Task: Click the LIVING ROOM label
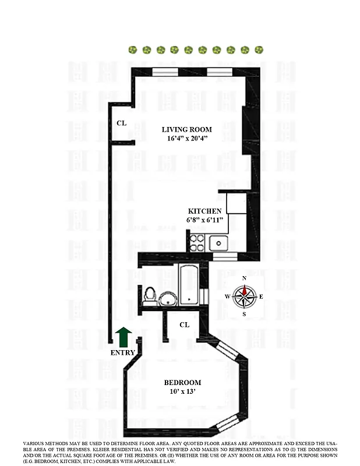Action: click(x=186, y=129)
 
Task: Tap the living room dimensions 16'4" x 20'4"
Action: click(x=186, y=139)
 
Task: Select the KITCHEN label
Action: click(x=204, y=211)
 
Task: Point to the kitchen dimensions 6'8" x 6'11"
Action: click(x=204, y=221)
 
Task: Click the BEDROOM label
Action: click(x=182, y=383)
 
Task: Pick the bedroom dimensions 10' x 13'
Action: click(x=182, y=392)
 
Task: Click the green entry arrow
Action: click(x=123, y=337)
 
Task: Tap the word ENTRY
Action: click(x=122, y=352)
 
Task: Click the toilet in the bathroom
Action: click(x=149, y=295)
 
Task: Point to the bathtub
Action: click(x=190, y=285)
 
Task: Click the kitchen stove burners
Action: click(x=197, y=242)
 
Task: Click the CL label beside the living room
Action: click(x=121, y=123)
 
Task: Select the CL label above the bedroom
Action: click(x=184, y=324)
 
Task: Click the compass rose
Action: click(x=245, y=296)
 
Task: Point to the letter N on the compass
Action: click(x=245, y=278)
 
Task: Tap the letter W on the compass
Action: click(x=227, y=297)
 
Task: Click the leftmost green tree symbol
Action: click(x=133, y=50)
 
